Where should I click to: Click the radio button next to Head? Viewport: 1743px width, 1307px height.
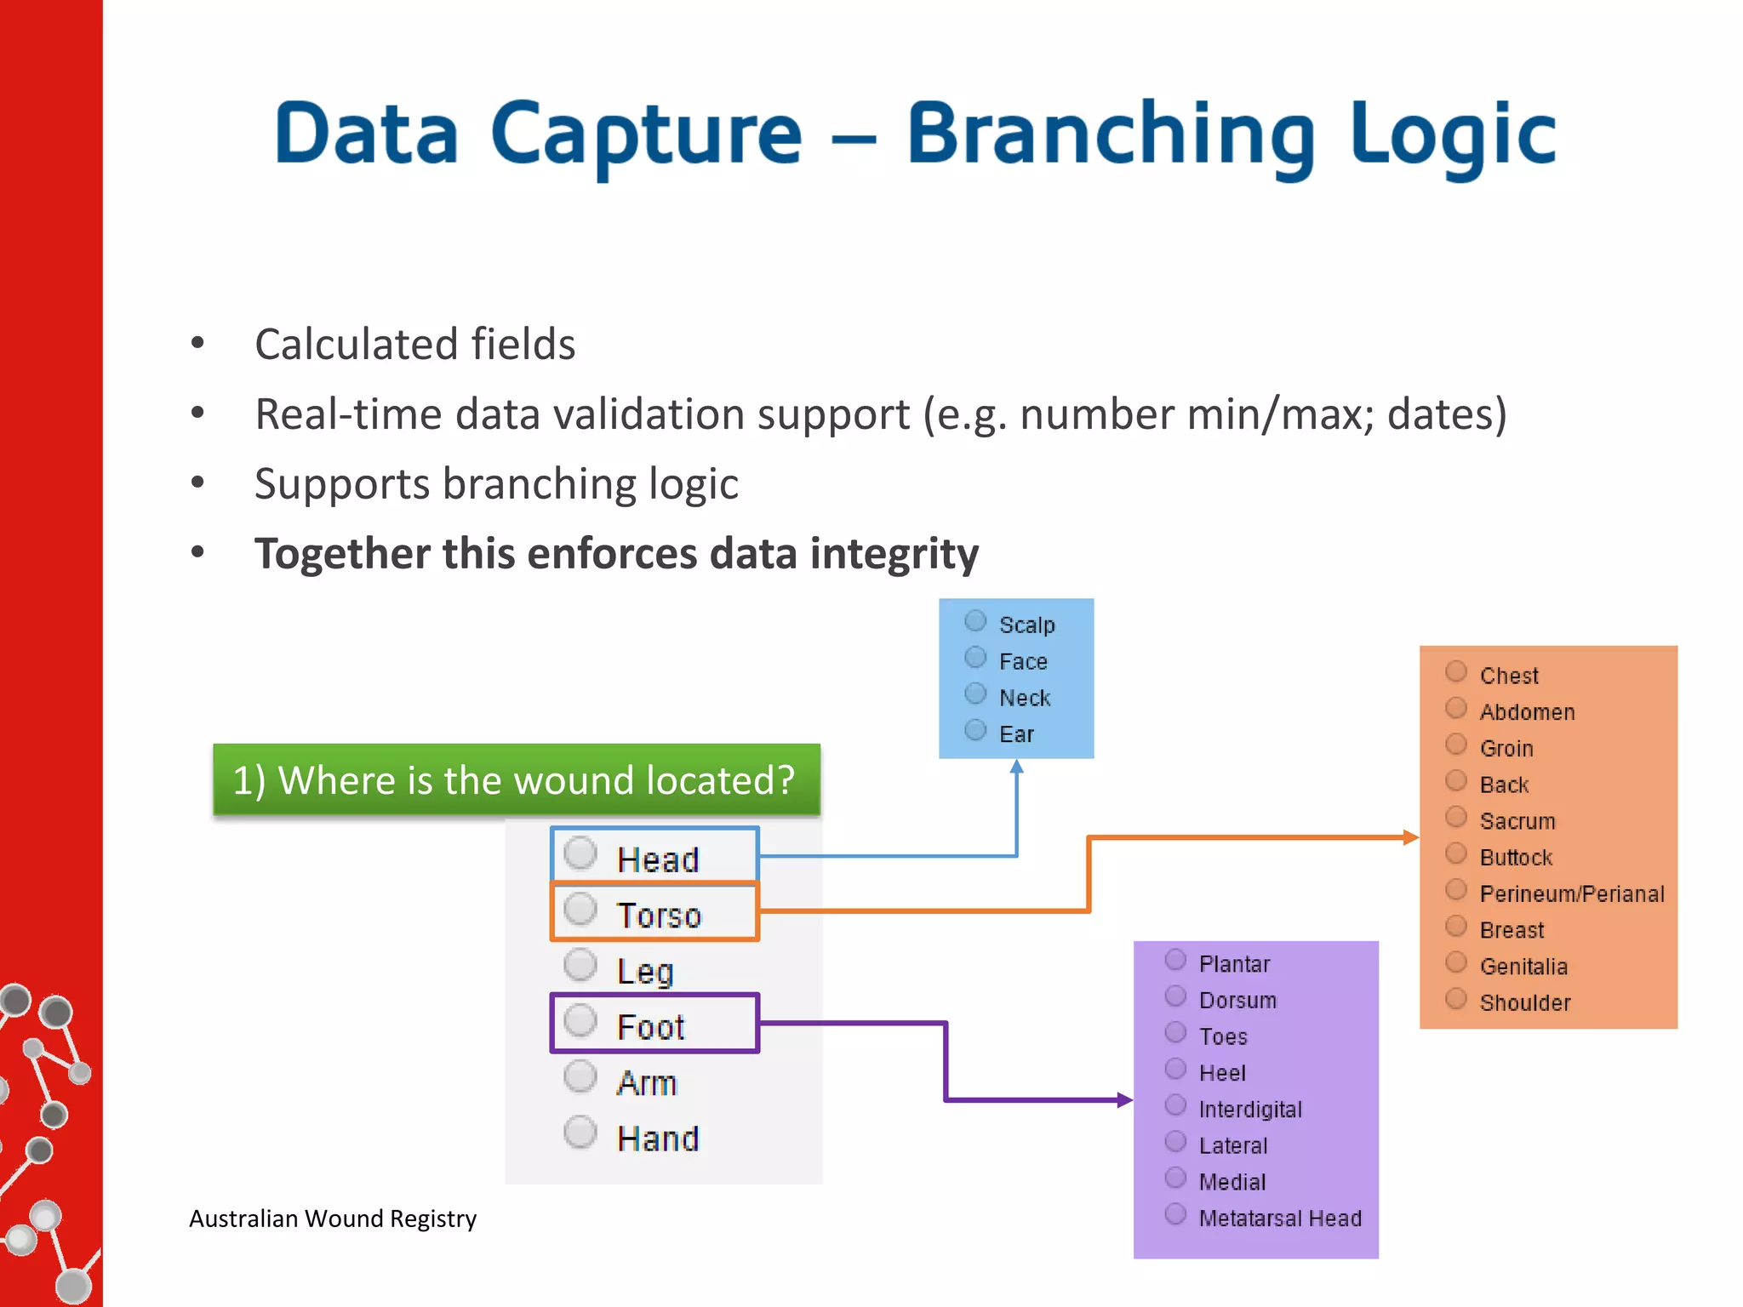[580, 853]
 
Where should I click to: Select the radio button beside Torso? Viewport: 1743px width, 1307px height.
[580, 909]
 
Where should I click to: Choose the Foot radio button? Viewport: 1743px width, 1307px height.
[580, 1020]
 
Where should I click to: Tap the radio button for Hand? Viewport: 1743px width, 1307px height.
[580, 1132]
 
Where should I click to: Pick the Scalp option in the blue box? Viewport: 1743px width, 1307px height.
[975, 622]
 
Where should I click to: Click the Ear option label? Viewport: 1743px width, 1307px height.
[1016, 734]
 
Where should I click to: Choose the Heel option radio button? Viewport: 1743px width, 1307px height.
[1175, 1070]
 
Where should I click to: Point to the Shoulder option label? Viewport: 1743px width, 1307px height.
[1525, 1003]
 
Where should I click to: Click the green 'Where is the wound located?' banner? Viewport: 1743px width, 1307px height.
[517, 780]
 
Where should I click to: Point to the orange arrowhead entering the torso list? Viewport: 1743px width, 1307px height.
[1410, 837]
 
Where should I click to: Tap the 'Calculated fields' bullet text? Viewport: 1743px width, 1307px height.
[415, 345]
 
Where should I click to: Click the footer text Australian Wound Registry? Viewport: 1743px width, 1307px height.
[333, 1219]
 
